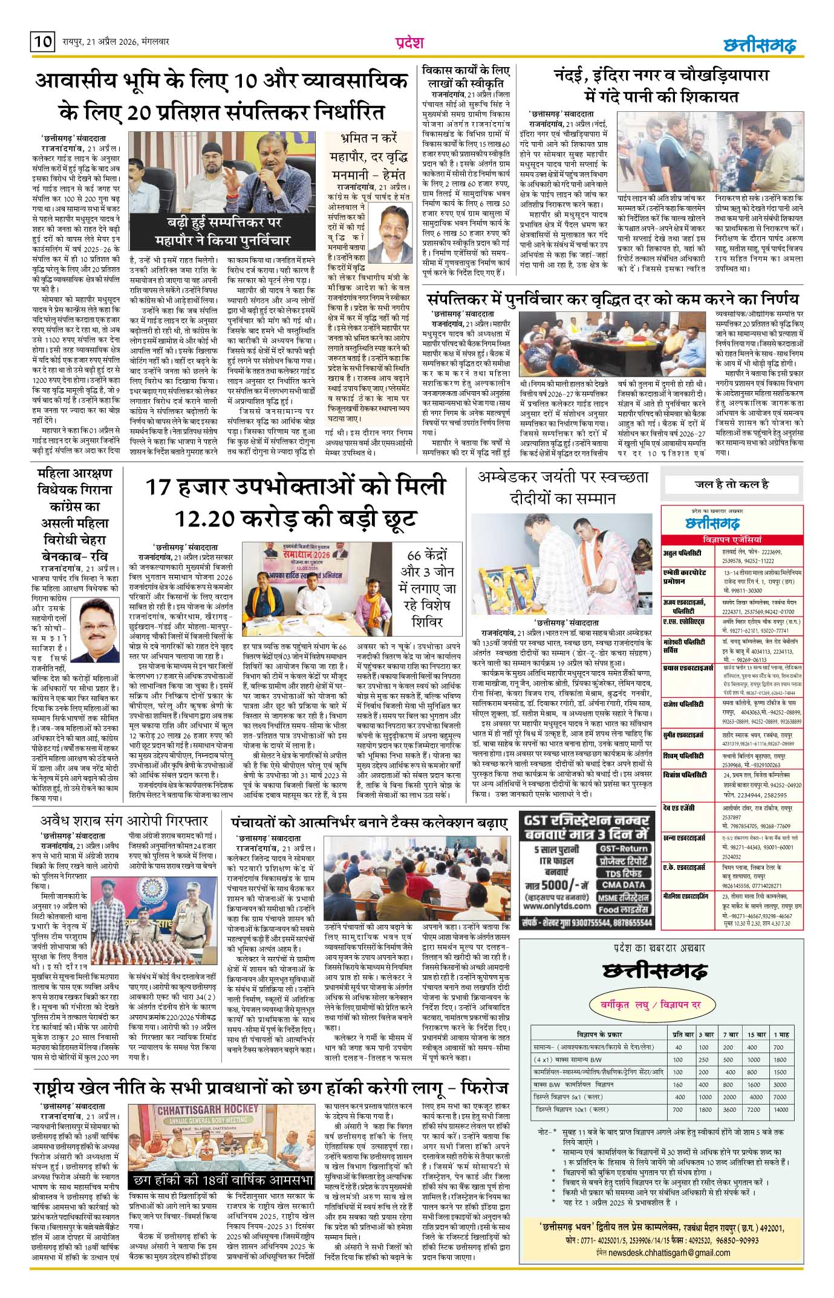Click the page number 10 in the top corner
click(x=42, y=43)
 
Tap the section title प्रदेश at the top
click(x=409, y=43)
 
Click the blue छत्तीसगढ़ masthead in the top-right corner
click(x=760, y=45)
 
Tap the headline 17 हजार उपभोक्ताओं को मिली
click(x=295, y=487)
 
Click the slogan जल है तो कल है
click(x=731, y=484)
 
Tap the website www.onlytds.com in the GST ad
click(x=557, y=906)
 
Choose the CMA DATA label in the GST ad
click(x=624, y=884)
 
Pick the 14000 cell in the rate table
click(x=780, y=1110)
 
